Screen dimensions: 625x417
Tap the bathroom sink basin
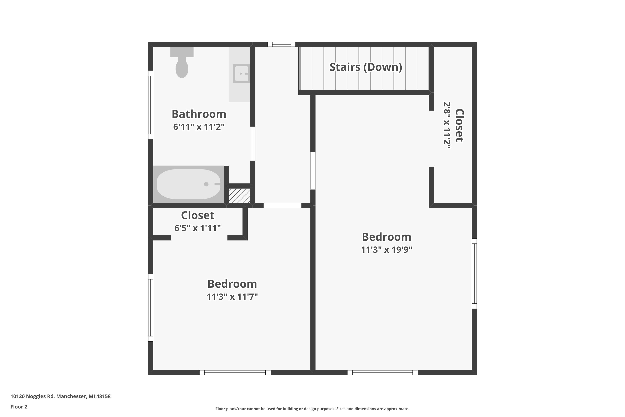pos(241,74)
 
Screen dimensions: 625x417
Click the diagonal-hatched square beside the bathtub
pos(239,196)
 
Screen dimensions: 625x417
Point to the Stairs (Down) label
pos(366,67)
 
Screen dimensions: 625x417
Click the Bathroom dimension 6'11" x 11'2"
pos(199,127)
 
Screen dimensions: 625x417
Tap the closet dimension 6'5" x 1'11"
pos(197,228)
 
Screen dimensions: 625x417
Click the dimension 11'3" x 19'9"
pos(386,250)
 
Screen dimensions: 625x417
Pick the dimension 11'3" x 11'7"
pos(232,296)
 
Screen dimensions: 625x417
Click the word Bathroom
pos(199,114)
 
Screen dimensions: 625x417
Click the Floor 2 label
pos(19,407)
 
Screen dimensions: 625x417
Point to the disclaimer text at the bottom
pos(312,409)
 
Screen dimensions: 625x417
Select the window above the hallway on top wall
pos(281,44)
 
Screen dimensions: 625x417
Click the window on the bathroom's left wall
pos(150,105)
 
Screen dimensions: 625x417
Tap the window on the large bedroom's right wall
pos(474,274)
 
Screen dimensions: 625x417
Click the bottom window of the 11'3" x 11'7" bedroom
pos(235,373)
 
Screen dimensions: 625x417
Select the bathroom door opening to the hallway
pos(252,144)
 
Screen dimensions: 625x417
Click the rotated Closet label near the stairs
pos(459,125)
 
